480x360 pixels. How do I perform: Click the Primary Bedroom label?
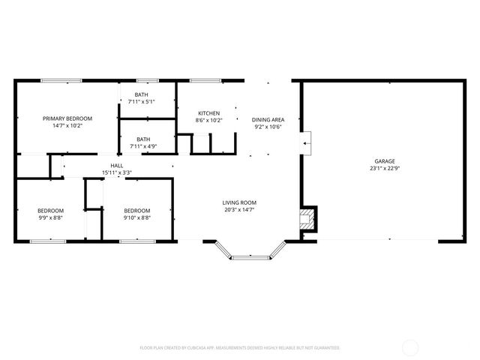click(67, 118)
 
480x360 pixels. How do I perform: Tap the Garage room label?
click(384, 161)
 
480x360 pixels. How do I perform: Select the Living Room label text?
click(239, 202)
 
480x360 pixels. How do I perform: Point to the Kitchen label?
click(208, 113)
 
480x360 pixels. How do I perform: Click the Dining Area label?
click(268, 120)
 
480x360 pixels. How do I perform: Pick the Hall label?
click(117, 166)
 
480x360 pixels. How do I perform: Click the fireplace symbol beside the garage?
click(307, 220)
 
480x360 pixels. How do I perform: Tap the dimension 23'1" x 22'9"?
click(384, 169)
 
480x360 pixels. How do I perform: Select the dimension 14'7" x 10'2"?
click(67, 126)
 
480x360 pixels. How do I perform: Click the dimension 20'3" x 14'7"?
click(239, 210)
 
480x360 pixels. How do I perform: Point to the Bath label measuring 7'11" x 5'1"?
click(142, 94)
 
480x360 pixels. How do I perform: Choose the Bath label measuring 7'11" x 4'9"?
click(142, 139)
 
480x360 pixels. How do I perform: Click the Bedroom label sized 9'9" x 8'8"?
click(51, 211)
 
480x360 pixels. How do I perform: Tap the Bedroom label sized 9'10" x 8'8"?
click(137, 211)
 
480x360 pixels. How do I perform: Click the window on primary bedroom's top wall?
click(61, 80)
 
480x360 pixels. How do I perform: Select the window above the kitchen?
click(204, 80)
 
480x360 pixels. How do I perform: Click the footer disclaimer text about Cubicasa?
click(240, 348)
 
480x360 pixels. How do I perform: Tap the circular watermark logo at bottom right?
click(411, 347)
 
